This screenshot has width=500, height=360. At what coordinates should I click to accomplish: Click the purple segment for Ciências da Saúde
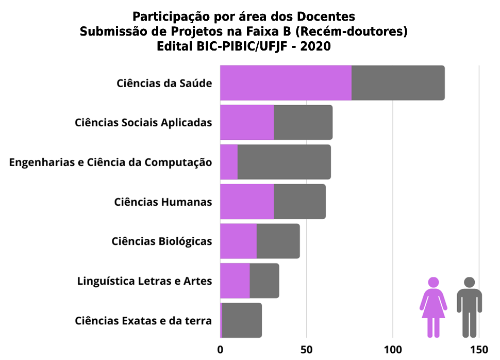click(286, 83)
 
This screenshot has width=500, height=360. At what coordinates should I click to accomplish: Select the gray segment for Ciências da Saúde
click(398, 83)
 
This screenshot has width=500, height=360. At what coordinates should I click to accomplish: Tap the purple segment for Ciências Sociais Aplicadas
click(247, 122)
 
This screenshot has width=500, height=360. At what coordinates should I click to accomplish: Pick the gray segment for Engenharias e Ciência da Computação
click(284, 162)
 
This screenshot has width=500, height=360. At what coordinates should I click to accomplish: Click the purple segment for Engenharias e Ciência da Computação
click(229, 162)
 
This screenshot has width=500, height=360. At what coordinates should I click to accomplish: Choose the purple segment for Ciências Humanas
click(247, 202)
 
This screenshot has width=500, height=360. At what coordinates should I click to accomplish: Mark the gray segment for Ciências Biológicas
click(278, 241)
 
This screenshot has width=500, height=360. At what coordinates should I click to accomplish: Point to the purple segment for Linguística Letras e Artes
click(235, 281)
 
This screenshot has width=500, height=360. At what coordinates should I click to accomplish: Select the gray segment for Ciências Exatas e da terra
click(242, 320)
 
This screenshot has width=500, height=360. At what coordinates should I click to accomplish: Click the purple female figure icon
click(434, 307)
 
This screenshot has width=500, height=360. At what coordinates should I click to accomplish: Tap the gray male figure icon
click(469, 307)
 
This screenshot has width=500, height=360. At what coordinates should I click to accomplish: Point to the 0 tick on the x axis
click(221, 349)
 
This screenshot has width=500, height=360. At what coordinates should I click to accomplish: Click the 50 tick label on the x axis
click(307, 349)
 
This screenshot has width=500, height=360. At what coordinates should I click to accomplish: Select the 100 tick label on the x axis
click(393, 349)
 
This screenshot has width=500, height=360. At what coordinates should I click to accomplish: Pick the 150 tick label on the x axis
click(479, 349)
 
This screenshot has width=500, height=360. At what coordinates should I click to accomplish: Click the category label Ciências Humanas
click(163, 202)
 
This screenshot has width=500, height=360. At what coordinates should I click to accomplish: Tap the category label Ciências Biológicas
click(162, 241)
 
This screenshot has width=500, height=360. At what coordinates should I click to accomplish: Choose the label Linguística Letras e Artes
click(144, 281)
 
